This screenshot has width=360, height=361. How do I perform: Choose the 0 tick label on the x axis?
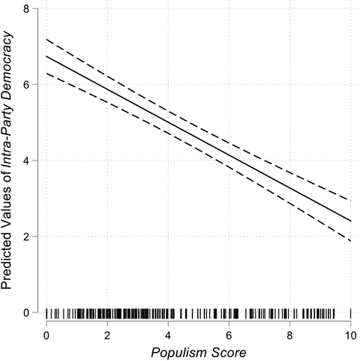(x=46, y=334)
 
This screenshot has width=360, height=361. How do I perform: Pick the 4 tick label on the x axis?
(x=168, y=334)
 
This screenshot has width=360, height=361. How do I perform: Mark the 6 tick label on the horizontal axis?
(x=229, y=334)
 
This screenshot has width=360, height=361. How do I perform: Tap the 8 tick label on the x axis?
(x=290, y=334)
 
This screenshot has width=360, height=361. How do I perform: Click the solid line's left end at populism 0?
(x=46, y=57)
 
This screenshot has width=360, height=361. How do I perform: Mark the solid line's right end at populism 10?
(x=350, y=221)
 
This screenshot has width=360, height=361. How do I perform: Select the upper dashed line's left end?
(x=46, y=40)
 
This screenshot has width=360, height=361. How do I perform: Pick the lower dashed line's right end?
(x=350, y=241)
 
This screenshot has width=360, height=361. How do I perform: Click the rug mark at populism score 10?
(x=350, y=313)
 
